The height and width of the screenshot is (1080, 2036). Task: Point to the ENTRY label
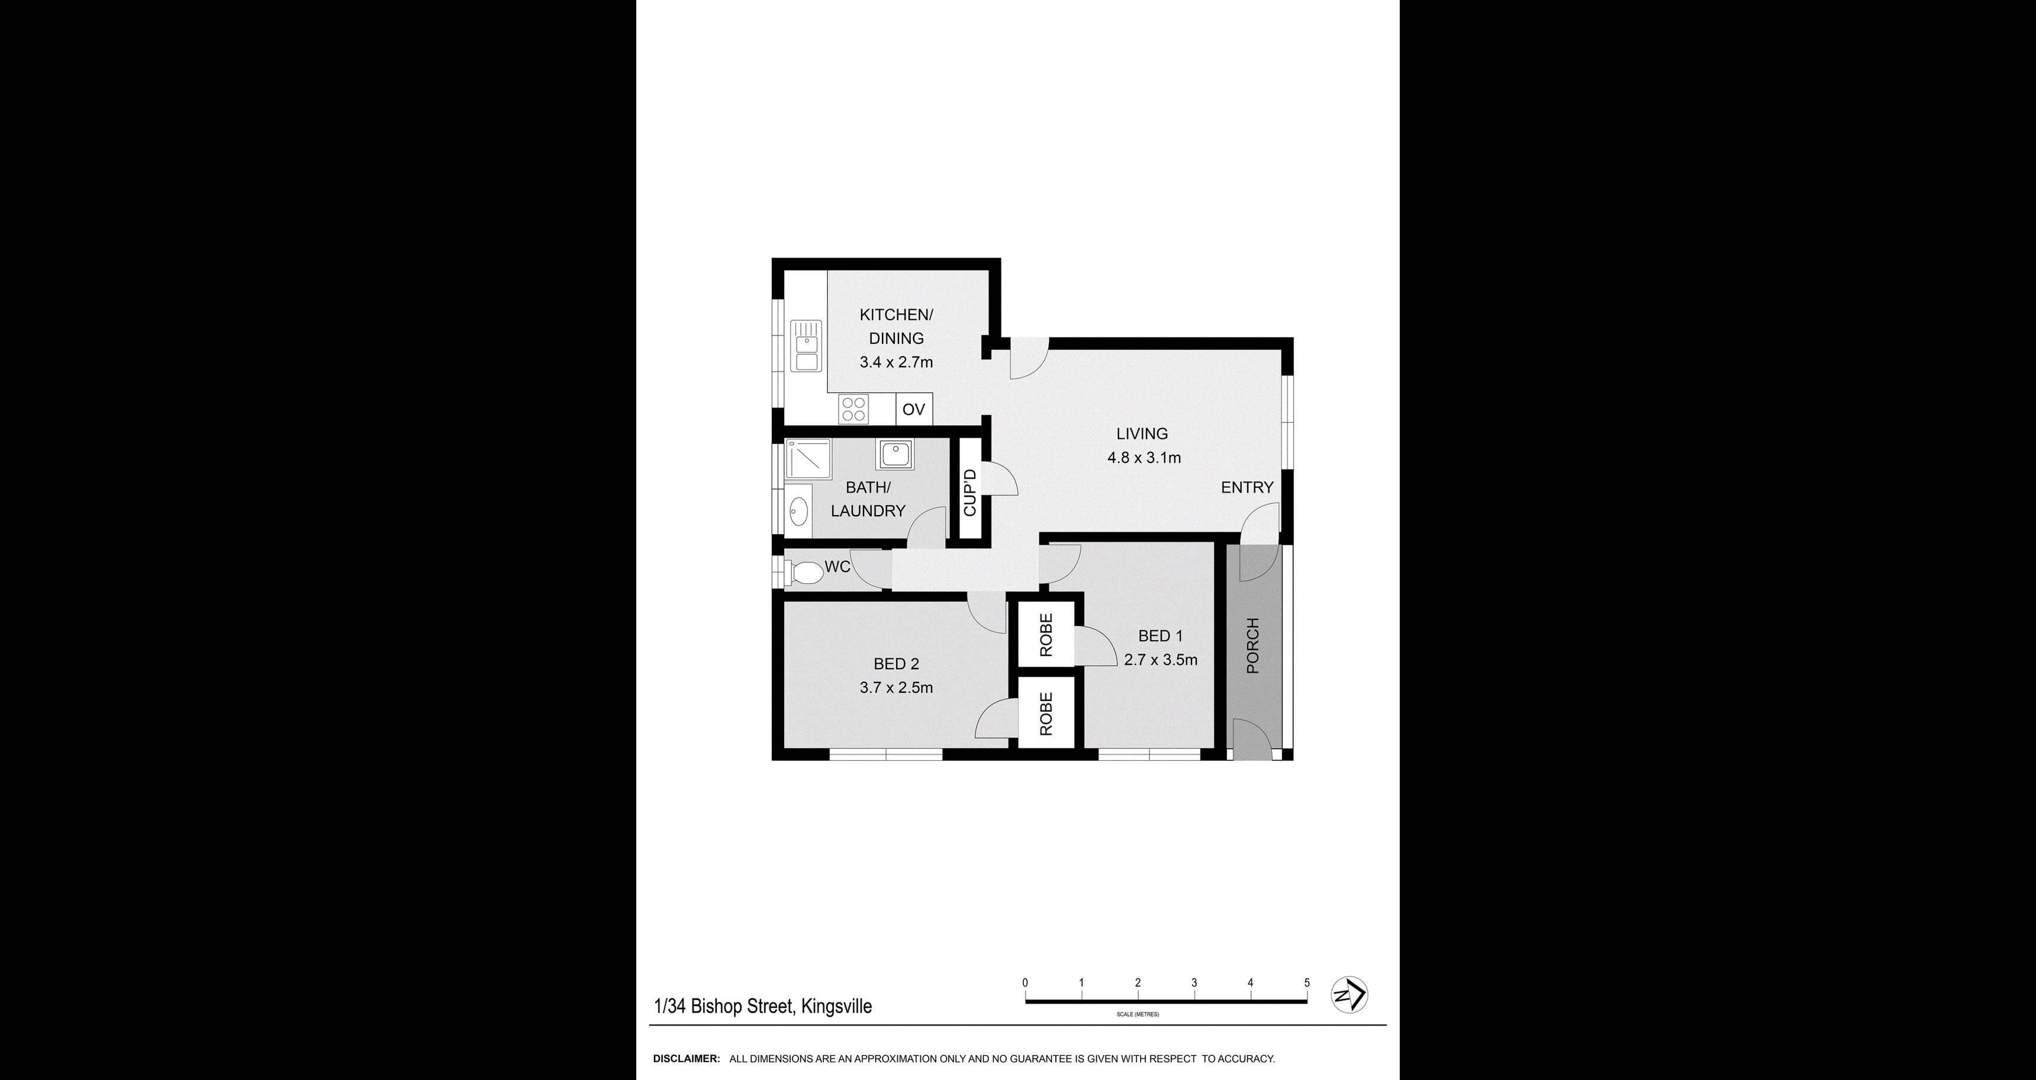[x=1247, y=488]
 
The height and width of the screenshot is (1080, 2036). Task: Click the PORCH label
[x=1252, y=646]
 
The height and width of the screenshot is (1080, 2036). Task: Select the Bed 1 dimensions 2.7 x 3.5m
[x=1160, y=660]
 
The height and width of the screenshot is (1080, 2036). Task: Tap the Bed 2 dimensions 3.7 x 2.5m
[x=896, y=688]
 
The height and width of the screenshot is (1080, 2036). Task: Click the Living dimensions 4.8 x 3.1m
[x=1143, y=457]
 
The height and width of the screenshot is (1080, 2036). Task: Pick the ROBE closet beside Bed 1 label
[x=1046, y=635]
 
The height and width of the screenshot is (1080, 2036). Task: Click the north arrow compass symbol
[x=1350, y=995]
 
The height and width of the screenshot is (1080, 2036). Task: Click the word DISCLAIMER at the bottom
[x=686, y=1059]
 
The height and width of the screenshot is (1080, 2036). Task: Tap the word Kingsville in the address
[x=836, y=1007]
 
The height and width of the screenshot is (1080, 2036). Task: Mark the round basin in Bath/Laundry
[x=1034, y=507]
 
